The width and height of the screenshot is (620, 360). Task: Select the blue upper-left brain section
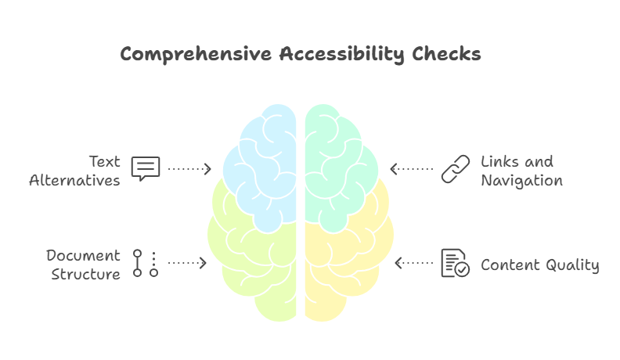click(262, 164)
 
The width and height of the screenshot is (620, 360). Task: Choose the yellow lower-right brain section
click(344, 266)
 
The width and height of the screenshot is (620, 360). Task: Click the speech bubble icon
click(146, 168)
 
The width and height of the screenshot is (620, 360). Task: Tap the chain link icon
click(455, 168)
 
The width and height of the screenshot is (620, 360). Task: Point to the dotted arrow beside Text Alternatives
click(190, 168)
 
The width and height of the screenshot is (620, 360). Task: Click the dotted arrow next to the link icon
click(412, 168)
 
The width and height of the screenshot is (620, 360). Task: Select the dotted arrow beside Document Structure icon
click(188, 263)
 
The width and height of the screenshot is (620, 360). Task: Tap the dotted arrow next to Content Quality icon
click(414, 263)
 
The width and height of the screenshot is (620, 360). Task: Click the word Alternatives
click(75, 181)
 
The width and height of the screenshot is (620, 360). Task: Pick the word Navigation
click(521, 181)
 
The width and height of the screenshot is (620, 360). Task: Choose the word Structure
click(86, 275)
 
